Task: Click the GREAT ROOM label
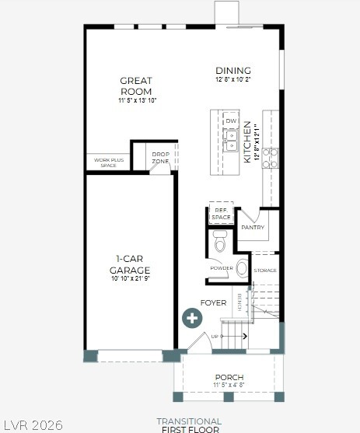(x=135, y=86)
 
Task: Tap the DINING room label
(x=233, y=71)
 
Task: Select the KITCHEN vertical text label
(x=248, y=141)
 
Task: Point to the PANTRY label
(x=253, y=228)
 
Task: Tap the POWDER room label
(x=221, y=268)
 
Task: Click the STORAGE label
(x=265, y=271)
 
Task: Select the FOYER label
(x=213, y=302)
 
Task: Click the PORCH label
(x=229, y=378)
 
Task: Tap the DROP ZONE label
(x=160, y=157)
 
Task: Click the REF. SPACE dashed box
(x=221, y=214)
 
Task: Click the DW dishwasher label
(x=231, y=121)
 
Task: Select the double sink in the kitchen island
(x=231, y=140)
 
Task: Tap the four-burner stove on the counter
(x=269, y=158)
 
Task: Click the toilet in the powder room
(x=220, y=245)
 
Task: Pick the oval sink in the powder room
(x=242, y=269)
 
